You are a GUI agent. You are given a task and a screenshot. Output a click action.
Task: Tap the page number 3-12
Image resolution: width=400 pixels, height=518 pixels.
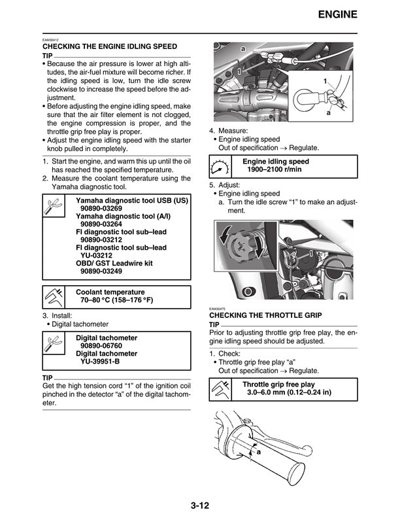pos(200,505)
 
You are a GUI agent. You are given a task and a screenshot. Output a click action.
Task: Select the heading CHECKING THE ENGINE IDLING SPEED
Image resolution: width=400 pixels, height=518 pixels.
pos(109,47)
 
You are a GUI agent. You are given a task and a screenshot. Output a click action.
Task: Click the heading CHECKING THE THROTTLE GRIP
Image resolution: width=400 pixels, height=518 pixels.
pos(265,315)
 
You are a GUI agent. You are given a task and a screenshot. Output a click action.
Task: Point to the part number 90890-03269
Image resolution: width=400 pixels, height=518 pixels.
pos(101,209)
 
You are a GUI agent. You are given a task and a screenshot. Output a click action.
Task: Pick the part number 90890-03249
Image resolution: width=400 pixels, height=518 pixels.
pos(101,271)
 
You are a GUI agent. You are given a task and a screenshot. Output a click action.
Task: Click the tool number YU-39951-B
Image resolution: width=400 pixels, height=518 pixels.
pos(100,361)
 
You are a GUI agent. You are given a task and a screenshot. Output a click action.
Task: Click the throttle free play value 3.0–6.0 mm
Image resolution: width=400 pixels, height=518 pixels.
pos(288,392)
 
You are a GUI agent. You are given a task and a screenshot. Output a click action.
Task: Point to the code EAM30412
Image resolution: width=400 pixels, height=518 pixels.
pos(51,41)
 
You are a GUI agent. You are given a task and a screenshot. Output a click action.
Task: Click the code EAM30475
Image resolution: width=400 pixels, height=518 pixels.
pos(218,309)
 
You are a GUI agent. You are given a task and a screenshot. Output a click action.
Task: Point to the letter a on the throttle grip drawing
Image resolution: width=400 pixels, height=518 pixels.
pos(259,452)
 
